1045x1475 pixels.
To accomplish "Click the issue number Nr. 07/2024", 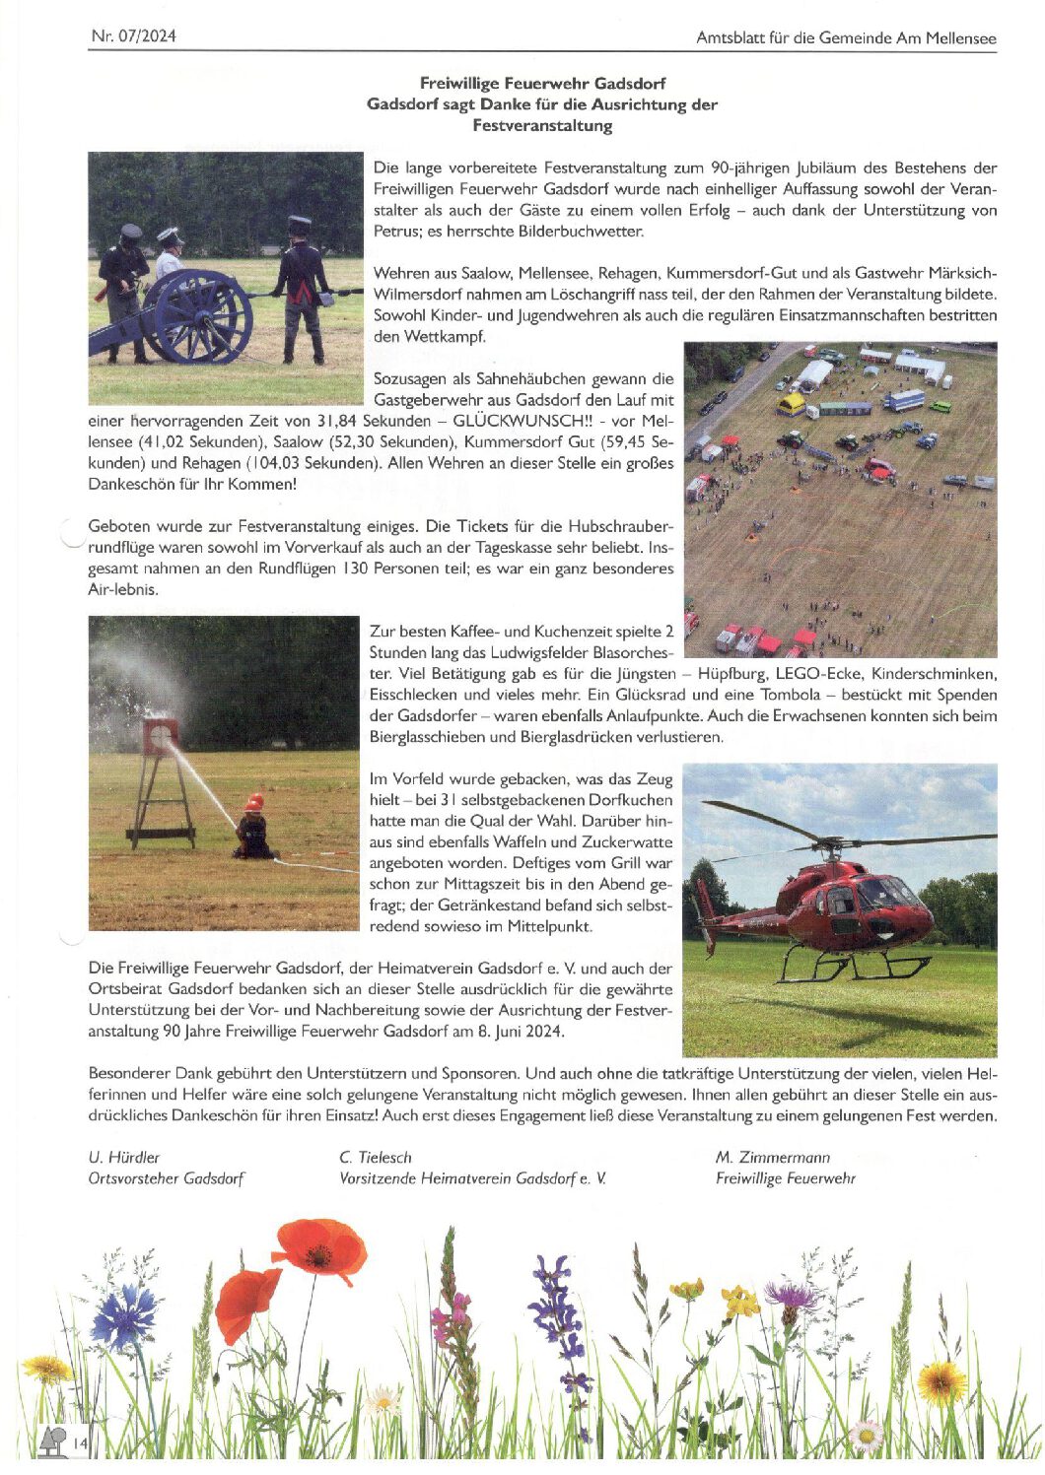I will (133, 36).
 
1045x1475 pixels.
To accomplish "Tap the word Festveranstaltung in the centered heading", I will (542, 126).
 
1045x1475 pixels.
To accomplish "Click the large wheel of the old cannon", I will (199, 316).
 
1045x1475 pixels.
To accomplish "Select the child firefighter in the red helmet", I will (253, 827).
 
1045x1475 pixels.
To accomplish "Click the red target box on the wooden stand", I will (160, 734).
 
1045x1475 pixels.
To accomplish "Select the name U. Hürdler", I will (123, 1157).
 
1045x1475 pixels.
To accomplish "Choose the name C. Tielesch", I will (376, 1157).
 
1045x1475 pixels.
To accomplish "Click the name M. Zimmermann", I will (772, 1157).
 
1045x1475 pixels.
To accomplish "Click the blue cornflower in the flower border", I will (125, 1317).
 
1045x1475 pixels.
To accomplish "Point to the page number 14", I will (80, 1444).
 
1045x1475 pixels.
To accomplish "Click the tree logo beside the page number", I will (53, 1441).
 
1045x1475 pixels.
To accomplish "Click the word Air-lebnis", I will (123, 589).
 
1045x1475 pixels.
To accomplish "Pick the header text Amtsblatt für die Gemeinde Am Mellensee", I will (846, 38).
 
